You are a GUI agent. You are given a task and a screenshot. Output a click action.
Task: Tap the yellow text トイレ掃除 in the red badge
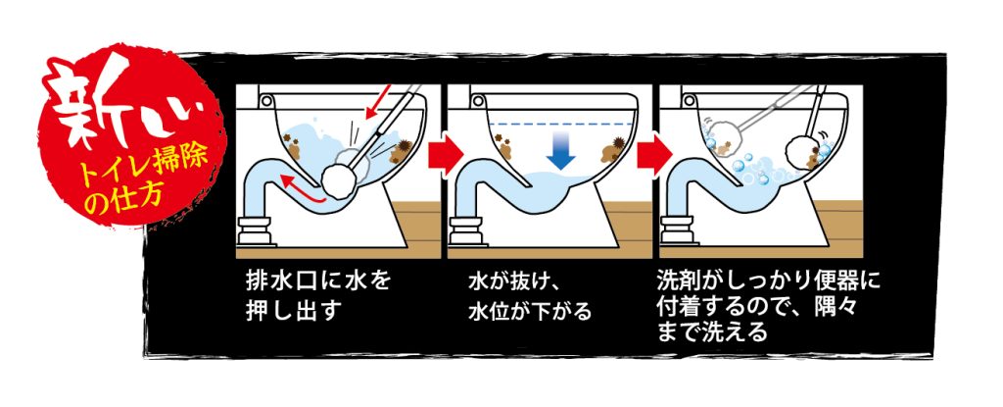pos(149,168)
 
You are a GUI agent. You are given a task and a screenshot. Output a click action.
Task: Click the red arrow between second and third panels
pos(655,154)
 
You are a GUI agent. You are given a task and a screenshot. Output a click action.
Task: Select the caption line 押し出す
pos(290,312)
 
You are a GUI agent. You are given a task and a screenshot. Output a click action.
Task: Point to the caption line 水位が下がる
pos(529,312)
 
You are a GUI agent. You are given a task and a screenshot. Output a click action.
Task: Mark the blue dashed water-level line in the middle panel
pos(559,123)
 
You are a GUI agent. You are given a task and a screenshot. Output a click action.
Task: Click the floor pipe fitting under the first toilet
pos(255,230)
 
